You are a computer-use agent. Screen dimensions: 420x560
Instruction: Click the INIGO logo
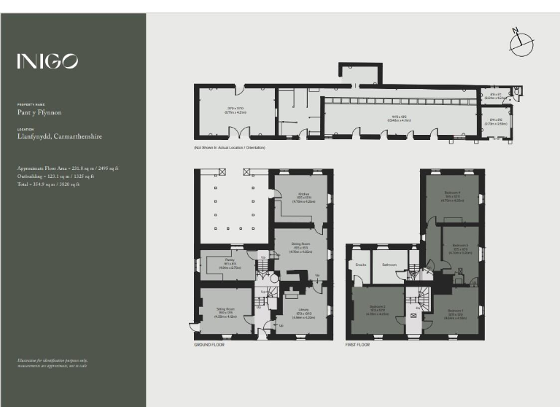tap(47, 61)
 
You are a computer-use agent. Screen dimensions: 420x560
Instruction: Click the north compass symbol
tap(522, 43)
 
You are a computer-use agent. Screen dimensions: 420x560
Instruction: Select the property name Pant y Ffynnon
tap(39, 113)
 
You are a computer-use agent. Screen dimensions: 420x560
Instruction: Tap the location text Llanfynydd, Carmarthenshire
tap(60, 136)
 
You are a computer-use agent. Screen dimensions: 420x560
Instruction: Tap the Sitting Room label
tap(223, 310)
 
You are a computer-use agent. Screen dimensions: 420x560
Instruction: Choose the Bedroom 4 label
tap(452, 193)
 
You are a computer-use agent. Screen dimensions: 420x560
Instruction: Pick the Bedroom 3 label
tap(459, 245)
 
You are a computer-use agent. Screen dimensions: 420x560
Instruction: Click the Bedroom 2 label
tap(377, 306)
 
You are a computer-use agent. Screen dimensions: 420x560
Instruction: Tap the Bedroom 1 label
tap(456, 309)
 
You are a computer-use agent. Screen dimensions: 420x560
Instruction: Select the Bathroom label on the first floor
tap(389, 264)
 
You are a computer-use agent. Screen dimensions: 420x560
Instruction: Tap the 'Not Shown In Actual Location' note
tap(229, 148)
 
